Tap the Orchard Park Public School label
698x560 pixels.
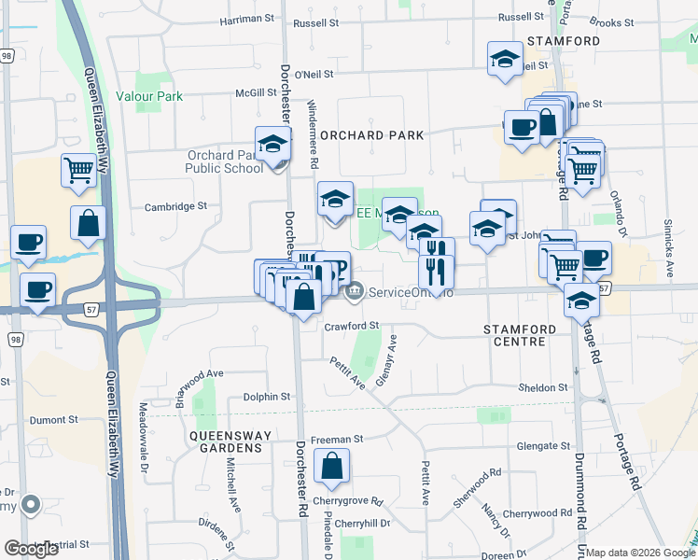pos(224,161)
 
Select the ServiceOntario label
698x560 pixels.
pos(411,293)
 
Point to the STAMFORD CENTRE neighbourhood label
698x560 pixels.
pos(520,336)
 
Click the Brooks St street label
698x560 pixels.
pos(612,22)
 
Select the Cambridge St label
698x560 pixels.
pos(174,206)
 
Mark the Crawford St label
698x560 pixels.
pos(352,327)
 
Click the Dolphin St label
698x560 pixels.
pos(267,397)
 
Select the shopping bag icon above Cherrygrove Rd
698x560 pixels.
pos(331,466)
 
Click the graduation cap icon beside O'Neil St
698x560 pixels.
pos(505,59)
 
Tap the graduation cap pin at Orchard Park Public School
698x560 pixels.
pos(273,146)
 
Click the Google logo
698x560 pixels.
pos(32,549)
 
